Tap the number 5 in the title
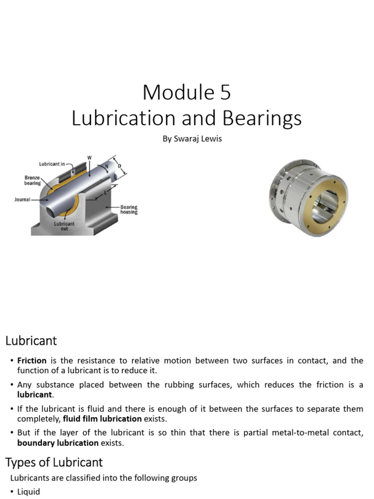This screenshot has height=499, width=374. click(x=224, y=93)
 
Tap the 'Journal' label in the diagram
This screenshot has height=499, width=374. click(x=23, y=199)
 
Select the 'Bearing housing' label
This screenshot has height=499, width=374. click(x=129, y=210)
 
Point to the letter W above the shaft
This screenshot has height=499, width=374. click(x=89, y=157)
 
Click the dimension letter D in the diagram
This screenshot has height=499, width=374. click(x=119, y=167)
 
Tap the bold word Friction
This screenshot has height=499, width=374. click(x=32, y=361)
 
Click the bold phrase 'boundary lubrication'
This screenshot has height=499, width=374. click(x=57, y=443)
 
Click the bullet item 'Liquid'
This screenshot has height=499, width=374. click(x=29, y=492)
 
